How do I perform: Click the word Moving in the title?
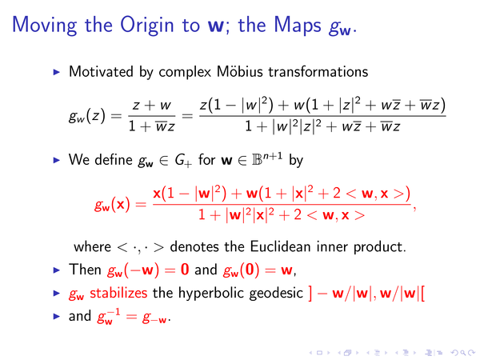tap(44, 26)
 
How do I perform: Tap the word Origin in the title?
tap(147, 26)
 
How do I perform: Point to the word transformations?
tap(318, 72)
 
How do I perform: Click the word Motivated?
tap(102, 72)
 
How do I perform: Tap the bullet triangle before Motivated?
tap(56, 72)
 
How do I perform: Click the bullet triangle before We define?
tap(56, 160)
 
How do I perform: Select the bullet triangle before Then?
tap(56, 270)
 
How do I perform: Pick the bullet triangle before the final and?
tap(56, 316)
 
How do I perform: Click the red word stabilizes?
tap(118, 293)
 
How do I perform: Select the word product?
tap(379, 247)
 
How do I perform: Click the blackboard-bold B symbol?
tap(257, 160)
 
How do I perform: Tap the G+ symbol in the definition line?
tap(183, 161)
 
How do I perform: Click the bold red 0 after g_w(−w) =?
tap(185, 270)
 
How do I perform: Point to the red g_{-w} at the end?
tap(154, 318)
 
